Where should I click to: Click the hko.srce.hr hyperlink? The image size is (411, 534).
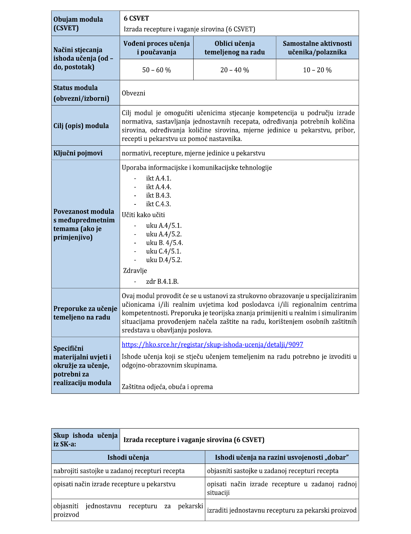click(x=212, y=344)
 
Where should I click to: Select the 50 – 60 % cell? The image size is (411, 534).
click(x=157, y=70)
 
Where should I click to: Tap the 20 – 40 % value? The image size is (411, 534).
click(x=235, y=70)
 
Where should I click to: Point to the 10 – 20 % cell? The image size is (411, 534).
click(x=317, y=70)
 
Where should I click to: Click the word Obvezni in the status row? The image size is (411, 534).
click(x=133, y=93)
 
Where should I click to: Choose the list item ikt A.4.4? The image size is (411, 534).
click(x=159, y=187)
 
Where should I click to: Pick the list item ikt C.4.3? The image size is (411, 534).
click(x=158, y=204)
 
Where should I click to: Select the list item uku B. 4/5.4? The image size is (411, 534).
click(x=164, y=243)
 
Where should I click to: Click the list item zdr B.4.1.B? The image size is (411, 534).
click(x=162, y=281)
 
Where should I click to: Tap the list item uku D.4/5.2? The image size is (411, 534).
click(x=164, y=260)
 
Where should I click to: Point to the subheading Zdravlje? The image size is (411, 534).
click(x=135, y=271)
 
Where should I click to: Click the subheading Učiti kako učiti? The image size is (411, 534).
click(x=143, y=215)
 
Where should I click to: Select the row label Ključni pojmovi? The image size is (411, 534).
click(x=78, y=153)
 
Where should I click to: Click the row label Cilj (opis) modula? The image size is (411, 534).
click(x=81, y=126)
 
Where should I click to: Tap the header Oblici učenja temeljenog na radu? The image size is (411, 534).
click(x=235, y=48)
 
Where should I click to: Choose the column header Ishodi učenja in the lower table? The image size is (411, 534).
click(x=128, y=457)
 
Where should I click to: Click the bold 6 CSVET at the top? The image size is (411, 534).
click(x=136, y=18)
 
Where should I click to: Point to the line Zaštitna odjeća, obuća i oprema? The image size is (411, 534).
click(x=167, y=387)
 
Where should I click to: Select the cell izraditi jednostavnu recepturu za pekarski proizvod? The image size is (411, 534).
click(x=282, y=510)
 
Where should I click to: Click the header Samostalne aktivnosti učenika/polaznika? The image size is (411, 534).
click(x=317, y=48)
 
